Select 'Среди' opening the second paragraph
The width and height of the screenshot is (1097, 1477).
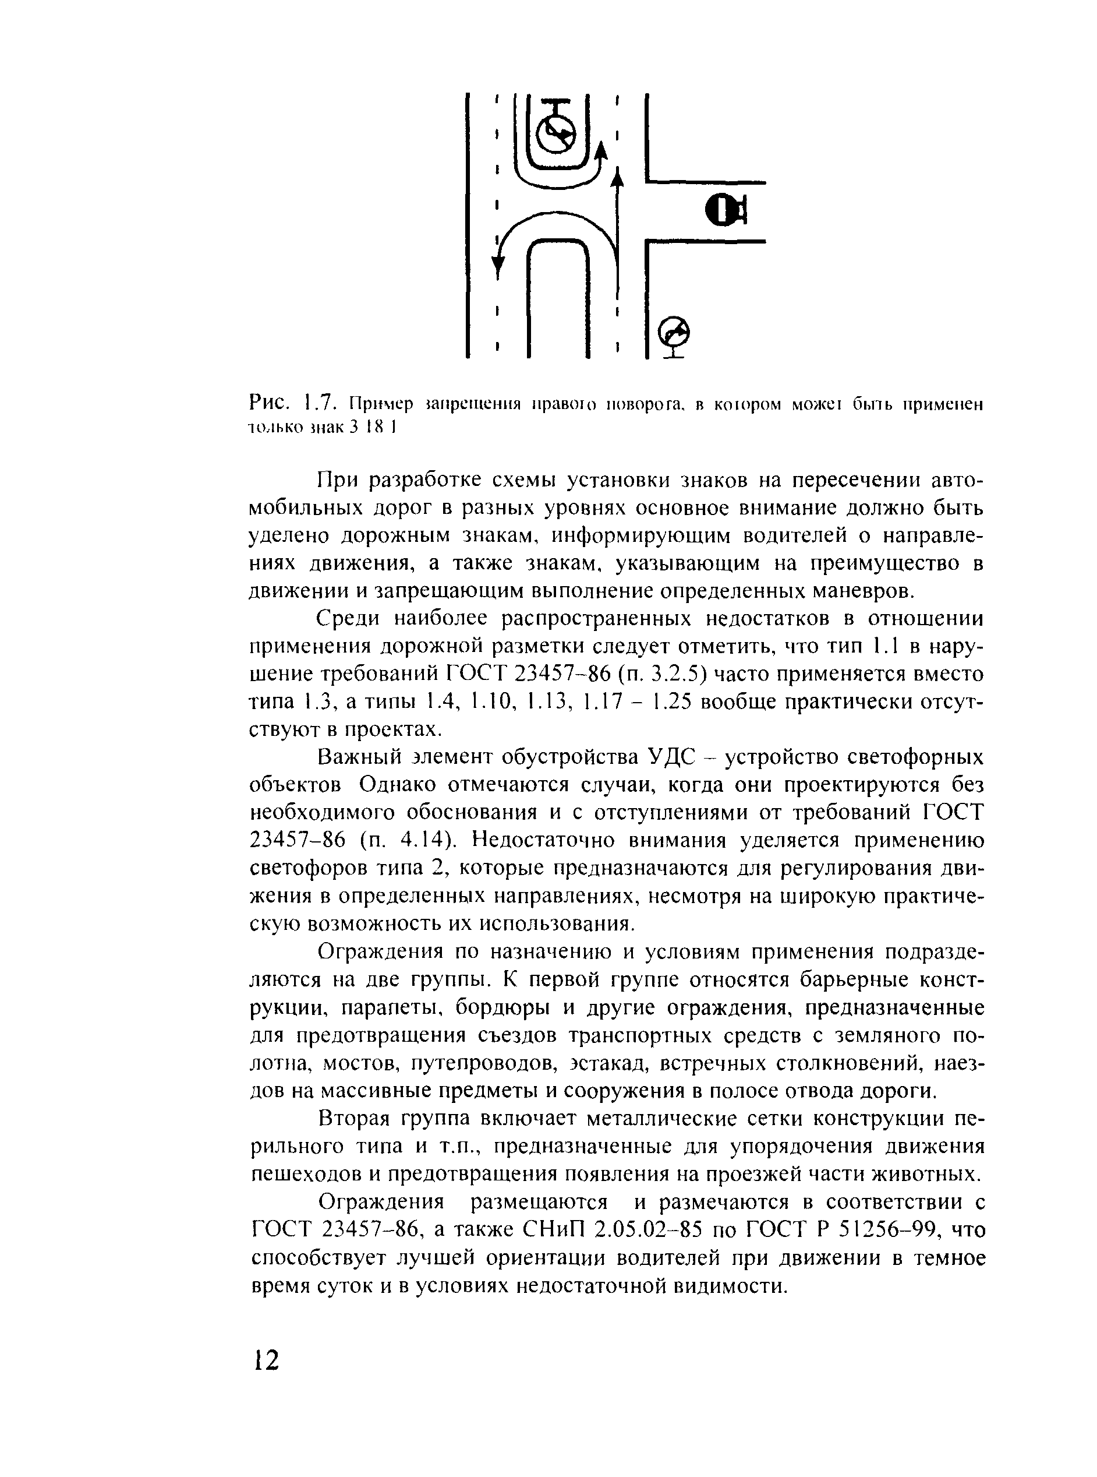click(350, 619)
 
